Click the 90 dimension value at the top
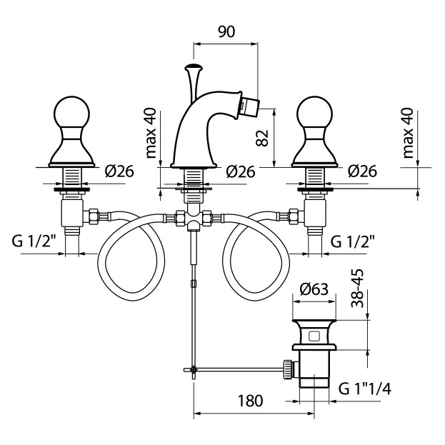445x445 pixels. click(226, 31)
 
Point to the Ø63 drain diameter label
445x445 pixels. click(314, 289)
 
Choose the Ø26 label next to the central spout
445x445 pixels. click(241, 171)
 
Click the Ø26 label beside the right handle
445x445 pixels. click(363, 171)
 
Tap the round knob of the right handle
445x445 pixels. click(315, 114)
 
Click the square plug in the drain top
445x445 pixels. click(315, 336)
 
